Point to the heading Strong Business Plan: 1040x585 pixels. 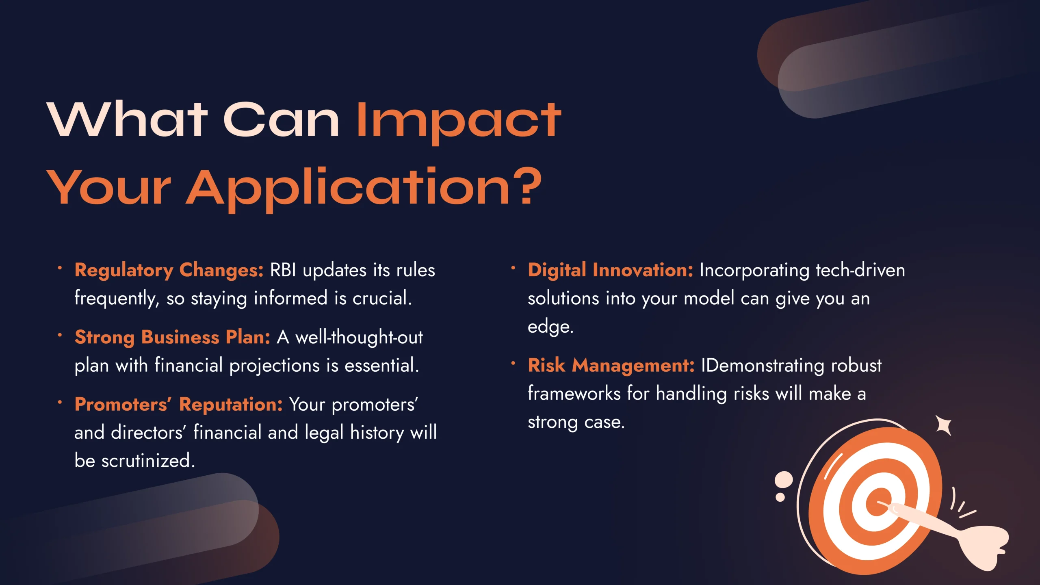172,338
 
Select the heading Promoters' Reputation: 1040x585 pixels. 178,405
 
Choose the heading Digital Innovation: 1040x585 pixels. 610,270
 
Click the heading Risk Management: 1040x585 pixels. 611,366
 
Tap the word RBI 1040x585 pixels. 283,271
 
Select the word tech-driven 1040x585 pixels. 860,271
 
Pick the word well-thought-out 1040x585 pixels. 359,338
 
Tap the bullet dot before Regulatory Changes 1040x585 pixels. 60,268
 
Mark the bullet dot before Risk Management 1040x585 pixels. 513,363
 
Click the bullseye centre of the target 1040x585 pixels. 879,503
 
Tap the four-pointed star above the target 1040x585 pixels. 943,426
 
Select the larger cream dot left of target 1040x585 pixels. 784,480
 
